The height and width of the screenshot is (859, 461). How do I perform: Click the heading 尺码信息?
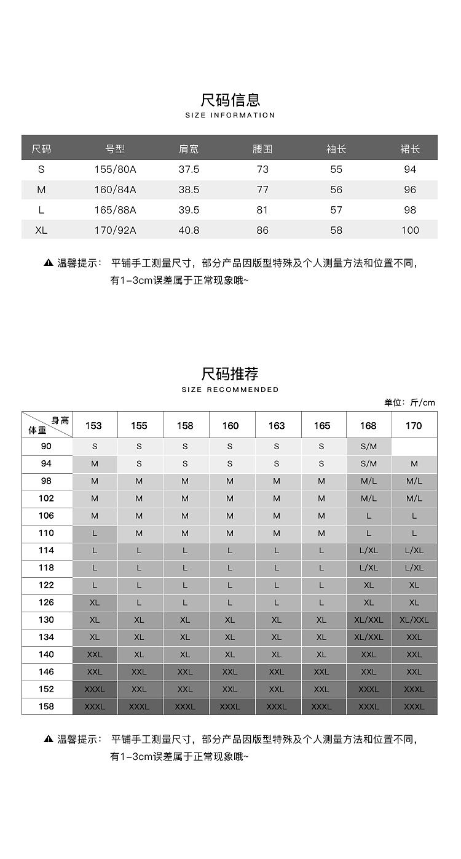click(x=230, y=100)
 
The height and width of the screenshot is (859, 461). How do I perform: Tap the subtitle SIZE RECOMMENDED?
click(x=230, y=390)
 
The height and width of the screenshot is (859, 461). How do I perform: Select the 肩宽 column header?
click(x=189, y=149)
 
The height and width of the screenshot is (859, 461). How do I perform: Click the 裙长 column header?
click(x=410, y=149)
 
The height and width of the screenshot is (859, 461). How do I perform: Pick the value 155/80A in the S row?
click(x=115, y=169)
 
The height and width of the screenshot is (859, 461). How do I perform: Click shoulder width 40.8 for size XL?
click(x=189, y=231)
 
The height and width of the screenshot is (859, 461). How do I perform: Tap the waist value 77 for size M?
click(x=262, y=190)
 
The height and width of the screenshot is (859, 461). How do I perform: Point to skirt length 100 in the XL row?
click(x=410, y=231)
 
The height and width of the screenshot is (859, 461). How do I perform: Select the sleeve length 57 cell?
click(x=336, y=210)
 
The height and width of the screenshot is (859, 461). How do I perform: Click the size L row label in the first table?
click(x=41, y=210)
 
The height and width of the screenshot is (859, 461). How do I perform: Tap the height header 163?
click(x=277, y=425)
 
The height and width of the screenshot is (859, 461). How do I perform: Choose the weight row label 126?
click(x=47, y=602)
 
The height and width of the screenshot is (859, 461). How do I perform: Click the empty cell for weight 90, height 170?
click(x=414, y=447)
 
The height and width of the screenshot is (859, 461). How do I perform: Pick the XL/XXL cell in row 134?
click(x=369, y=637)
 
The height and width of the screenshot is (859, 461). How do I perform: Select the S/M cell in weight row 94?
click(x=369, y=464)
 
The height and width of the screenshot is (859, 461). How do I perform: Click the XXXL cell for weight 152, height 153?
click(x=95, y=689)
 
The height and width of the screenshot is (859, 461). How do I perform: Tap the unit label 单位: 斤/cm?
click(x=409, y=402)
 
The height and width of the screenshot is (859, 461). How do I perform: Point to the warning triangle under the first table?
click(x=49, y=263)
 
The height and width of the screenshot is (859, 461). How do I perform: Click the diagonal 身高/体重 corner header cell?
click(x=47, y=425)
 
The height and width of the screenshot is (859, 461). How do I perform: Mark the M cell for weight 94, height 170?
click(x=414, y=464)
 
